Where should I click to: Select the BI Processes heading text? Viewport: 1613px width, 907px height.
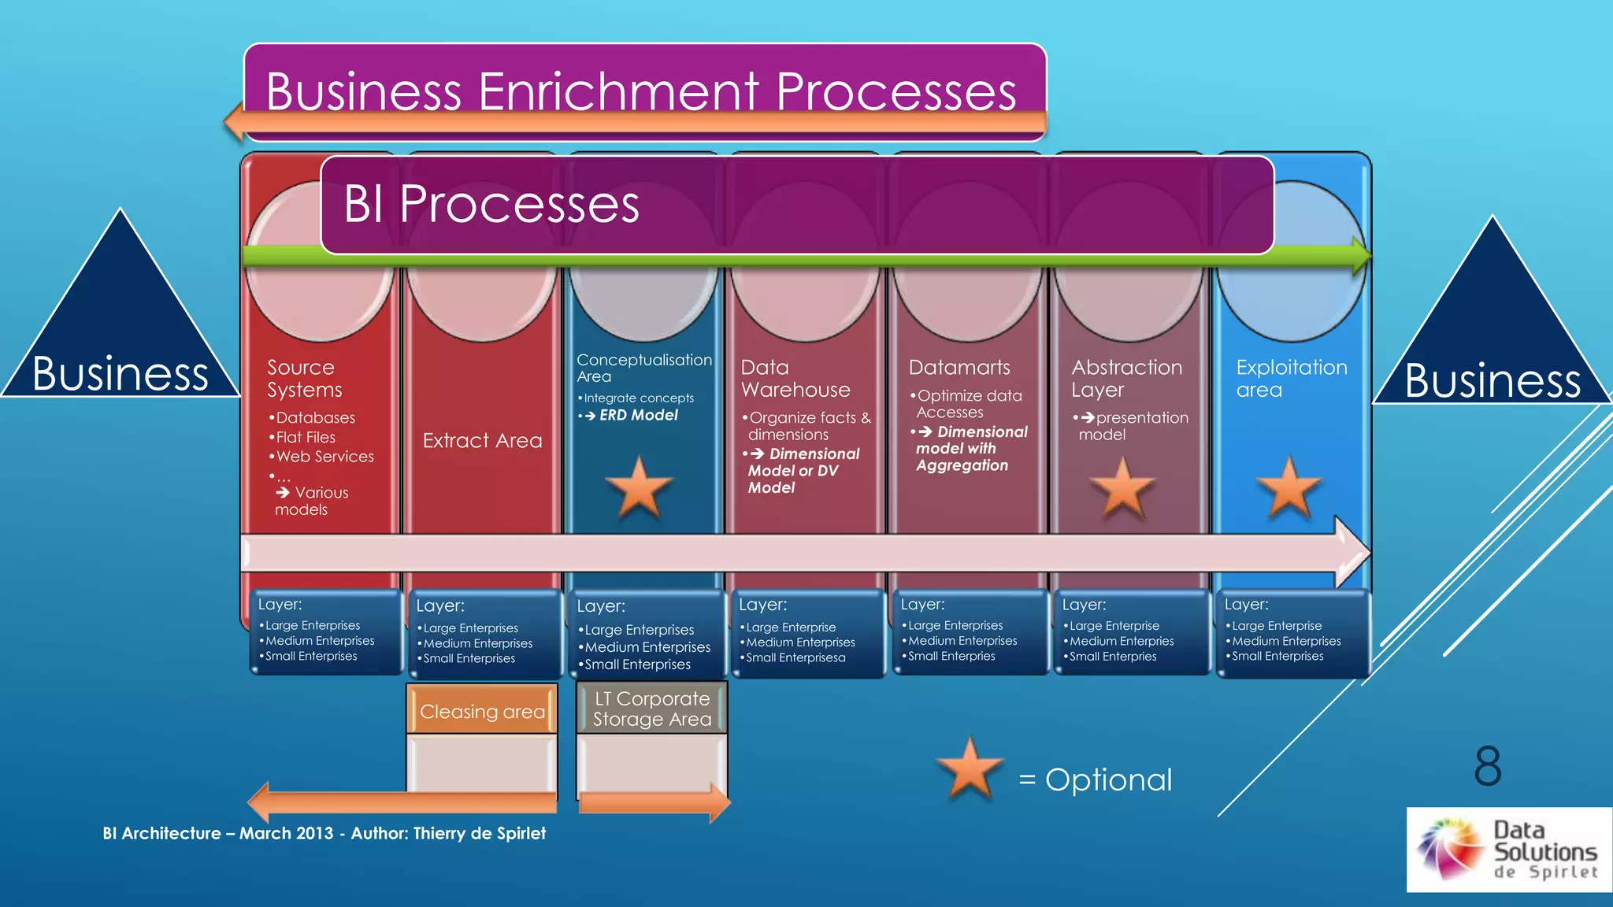pos(491,205)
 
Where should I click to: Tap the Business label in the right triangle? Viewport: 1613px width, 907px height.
pos(1492,380)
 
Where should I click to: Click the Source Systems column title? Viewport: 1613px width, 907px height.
pos(304,379)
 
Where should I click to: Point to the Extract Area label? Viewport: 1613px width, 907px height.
pos(482,441)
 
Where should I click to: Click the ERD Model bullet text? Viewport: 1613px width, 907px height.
pos(637,415)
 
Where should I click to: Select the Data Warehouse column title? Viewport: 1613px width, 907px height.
pos(795,379)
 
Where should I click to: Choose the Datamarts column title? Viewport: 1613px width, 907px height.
pos(959,368)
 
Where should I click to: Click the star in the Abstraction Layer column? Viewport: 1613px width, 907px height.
pos(1122,488)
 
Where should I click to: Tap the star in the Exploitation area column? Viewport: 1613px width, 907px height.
pos(1289,488)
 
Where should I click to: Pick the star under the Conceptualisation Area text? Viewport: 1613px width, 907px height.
pos(639,488)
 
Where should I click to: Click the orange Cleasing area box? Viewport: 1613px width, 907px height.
pos(482,712)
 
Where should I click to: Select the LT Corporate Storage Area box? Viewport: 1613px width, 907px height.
pos(651,709)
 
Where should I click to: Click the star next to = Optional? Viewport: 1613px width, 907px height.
pos(970,769)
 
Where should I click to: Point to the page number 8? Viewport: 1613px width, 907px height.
pos(1487,765)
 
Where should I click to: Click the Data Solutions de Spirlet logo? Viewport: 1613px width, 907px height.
pos(1507,850)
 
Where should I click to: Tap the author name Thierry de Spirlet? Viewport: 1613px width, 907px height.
pos(479,833)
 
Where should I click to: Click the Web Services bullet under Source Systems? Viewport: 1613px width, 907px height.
pos(324,457)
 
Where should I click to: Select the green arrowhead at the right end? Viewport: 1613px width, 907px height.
pos(1361,255)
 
